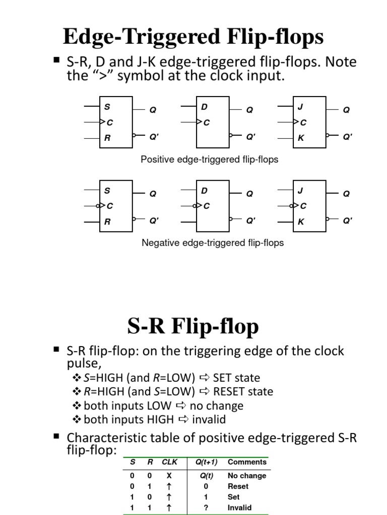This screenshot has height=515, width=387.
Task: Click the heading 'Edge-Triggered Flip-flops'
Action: [x=193, y=37]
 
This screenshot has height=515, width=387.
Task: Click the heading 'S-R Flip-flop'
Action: [x=193, y=326]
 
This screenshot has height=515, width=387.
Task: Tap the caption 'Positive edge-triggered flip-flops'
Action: [x=209, y=159]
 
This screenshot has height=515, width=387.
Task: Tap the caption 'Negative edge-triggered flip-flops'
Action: [x=213, y=243]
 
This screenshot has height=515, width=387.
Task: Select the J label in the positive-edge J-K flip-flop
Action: [x=300, y=107]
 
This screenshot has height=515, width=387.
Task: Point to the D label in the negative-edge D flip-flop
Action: [x=204, y=191]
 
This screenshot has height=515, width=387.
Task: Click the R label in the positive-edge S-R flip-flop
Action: [x=107, y=138]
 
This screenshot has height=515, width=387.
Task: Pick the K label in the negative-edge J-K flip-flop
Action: [x=301, y=222]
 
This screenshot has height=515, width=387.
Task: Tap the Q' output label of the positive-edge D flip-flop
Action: [x=250, y=136]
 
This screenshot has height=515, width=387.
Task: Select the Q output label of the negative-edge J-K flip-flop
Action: [x=346, y=194]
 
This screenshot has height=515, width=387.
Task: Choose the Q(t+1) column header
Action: [x=206, y=462]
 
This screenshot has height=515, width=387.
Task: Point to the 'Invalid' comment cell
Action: [x=239, y=508]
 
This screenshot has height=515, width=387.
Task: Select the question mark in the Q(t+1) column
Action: [x=206, y=508]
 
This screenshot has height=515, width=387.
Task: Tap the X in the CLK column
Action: [x=169, y=475]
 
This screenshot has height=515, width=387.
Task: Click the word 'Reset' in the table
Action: [x=238, y=486]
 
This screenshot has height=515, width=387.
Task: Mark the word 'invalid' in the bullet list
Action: [x=209, y=419]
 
